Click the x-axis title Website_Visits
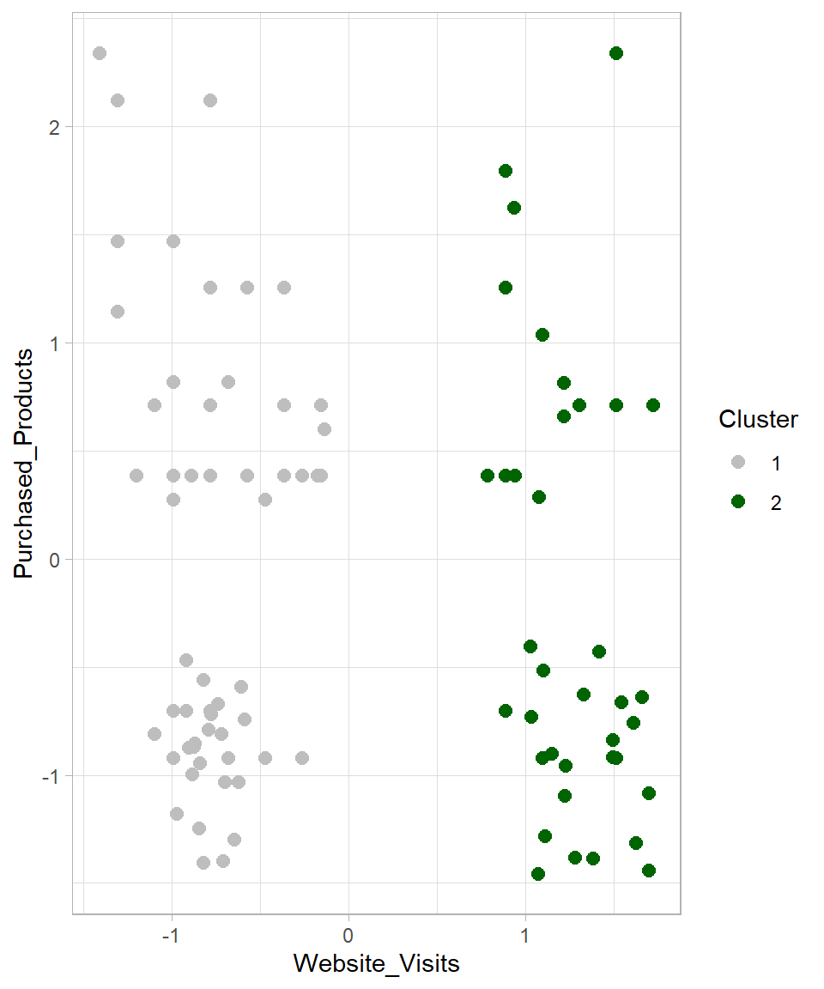[376, 963]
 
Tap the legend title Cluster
[758, 420]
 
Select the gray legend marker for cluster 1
[737, 464]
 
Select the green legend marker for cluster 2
[737, 503]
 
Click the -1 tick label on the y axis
[51, 776]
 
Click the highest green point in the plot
[615, 53]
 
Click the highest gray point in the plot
[100, 53]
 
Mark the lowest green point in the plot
[538, 874]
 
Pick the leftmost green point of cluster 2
[488, 476]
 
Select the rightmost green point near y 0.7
[653, 405]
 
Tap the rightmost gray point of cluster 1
[324, 429]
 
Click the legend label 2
[776, 503]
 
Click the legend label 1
[776, 464]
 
